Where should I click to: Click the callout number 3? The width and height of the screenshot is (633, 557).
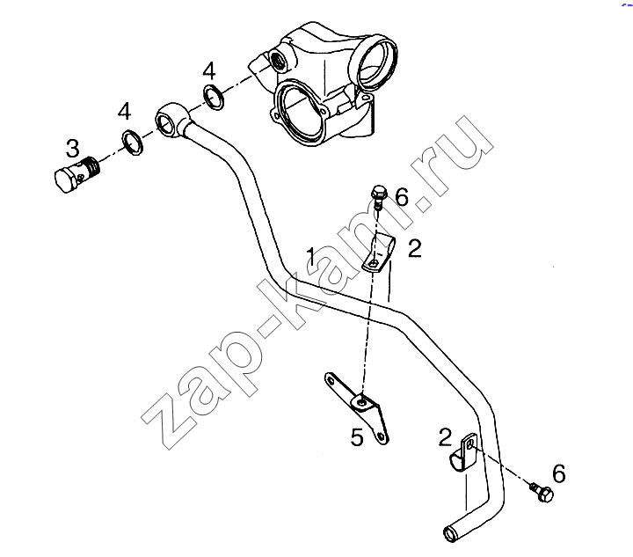coord(73,148)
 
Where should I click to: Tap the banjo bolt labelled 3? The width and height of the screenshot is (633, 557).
coord(77,175)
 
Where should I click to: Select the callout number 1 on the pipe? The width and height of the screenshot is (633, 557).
coord(311,256)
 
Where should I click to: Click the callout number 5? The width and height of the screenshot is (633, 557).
coord(357,437)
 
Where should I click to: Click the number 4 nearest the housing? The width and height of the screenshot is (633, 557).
coord(209,71)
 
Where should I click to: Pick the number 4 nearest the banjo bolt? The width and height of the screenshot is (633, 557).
coord(124,111)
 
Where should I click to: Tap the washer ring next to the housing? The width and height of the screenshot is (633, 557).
coord(214,98)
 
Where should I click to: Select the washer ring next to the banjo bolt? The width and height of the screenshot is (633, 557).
coord(133,143)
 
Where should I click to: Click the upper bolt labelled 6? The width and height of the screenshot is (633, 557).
coord(379,197)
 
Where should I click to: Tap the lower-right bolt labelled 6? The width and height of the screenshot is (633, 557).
coord(542,492)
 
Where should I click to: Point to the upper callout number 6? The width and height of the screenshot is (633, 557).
coord(402,197)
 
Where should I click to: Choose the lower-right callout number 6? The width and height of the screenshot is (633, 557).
coord(559,473)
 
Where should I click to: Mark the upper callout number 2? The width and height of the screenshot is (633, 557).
coord(415,248)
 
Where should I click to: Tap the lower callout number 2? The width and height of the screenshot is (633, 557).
coord(445,437)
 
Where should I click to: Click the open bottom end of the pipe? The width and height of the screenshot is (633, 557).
coord(449,535)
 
